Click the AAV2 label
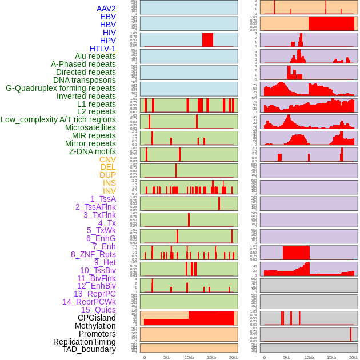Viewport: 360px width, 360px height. pos(106,9)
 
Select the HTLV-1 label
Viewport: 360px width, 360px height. pos(103,49)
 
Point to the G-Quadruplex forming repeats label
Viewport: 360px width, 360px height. pos(61,88)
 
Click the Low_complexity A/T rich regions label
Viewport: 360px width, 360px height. pos(58,119)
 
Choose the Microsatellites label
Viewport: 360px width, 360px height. pos(90,127)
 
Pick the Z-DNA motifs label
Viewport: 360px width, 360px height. pos(93,151)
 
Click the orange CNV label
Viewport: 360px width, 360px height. pos(107,159)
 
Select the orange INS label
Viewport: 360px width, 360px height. pos(109,183)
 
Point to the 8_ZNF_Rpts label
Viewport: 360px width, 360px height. pos(93,254)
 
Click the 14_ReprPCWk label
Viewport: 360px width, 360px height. pos(89,302)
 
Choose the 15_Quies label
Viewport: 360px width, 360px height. pos(98,310)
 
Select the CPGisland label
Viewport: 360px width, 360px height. pos(97,318)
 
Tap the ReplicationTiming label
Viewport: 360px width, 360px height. pos(84,342)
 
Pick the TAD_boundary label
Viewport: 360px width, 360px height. pos(89,349)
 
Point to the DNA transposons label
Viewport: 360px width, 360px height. pos(85,80)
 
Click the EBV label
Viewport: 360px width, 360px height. pos(108,17)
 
